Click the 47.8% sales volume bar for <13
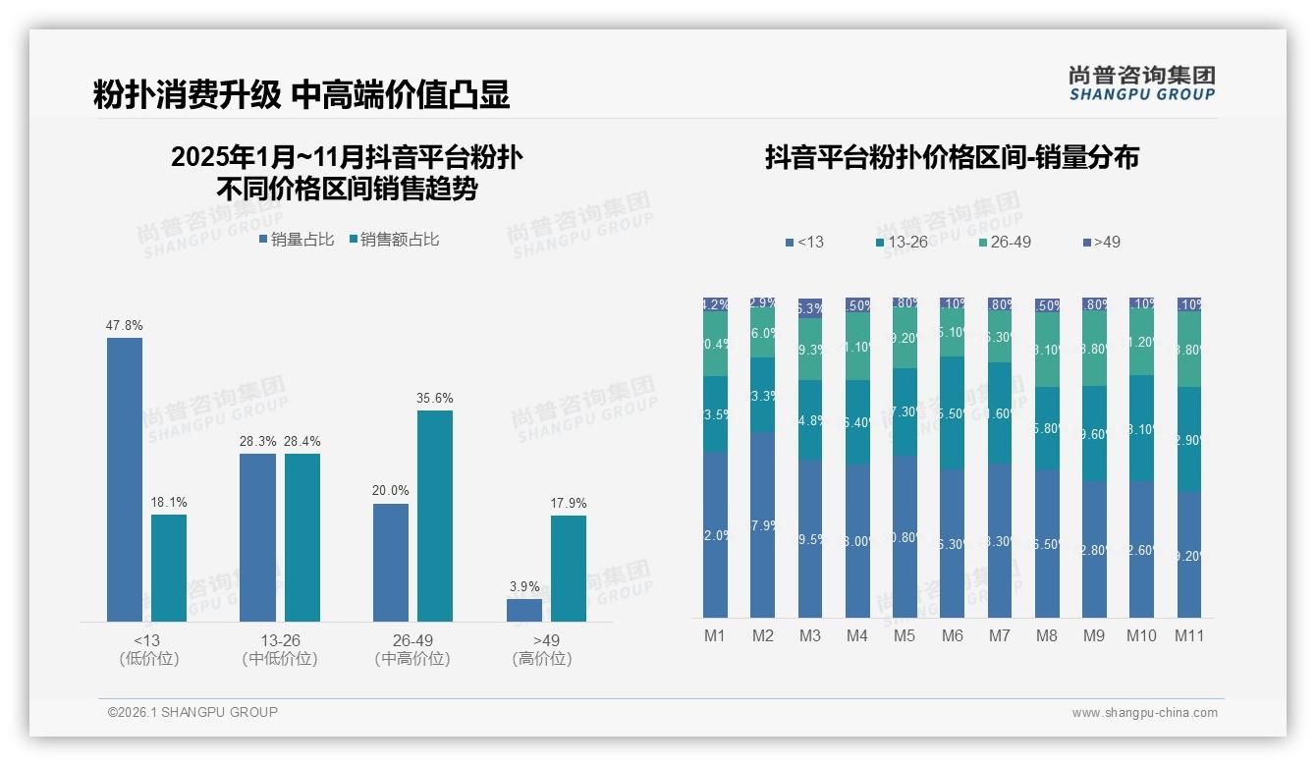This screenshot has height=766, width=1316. (125, 479)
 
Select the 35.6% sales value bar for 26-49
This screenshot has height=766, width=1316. (435, 516)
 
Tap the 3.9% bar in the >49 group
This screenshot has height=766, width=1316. (524, 610)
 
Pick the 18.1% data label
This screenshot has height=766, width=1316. (169, 503)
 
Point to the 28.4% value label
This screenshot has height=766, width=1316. (302, 441)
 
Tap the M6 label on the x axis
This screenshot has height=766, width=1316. (952, 635)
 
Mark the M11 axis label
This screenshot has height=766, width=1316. (1189, 635)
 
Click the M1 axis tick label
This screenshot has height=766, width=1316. (715, 635)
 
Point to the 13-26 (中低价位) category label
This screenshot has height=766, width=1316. (280, 649)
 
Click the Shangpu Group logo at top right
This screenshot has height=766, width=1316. (1141, 83)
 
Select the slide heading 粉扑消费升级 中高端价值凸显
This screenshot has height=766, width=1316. (302, 94)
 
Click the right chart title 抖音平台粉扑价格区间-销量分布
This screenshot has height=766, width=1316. (952, 158)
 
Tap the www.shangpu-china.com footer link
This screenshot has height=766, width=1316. (1144, 713)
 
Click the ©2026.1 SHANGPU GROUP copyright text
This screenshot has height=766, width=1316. (192, 712)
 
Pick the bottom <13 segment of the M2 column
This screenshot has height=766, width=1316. (763, 525)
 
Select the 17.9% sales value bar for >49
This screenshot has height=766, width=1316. (569, 569)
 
